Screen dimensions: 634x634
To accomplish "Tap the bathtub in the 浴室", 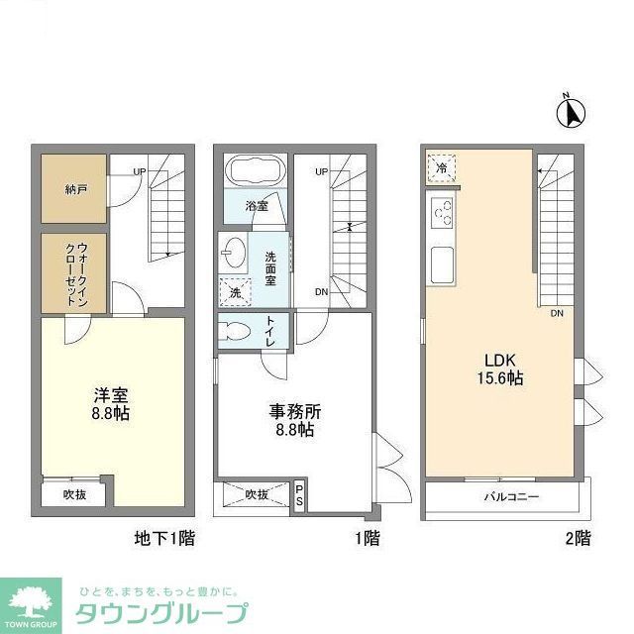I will (x=256, y=171).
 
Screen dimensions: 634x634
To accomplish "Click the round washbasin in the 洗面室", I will (x=234, y=254).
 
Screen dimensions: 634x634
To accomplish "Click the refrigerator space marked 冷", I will (x=441, y=169).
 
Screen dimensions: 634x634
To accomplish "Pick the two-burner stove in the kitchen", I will (x=442, y=212).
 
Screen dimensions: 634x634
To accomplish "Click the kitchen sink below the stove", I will (x=442, y=263).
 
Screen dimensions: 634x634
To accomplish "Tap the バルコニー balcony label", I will (x=511, y=497).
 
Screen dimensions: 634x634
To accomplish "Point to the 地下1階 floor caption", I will (x=164, y=539).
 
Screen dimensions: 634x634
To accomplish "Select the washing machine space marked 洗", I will (x=235, y=293).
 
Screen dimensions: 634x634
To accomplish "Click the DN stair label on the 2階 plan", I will (x=558, y=313).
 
